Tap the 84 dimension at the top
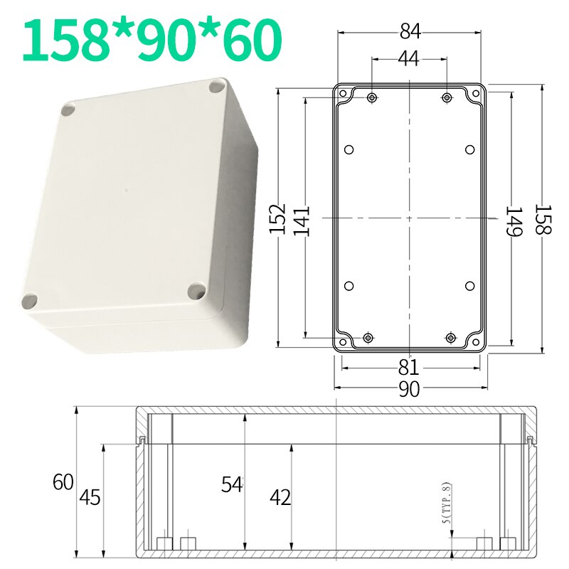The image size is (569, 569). pos(410,31)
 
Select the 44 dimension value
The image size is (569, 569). pos(408,60)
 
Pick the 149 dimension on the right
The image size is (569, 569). pos(514,221)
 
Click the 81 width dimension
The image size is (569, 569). pos(408,368)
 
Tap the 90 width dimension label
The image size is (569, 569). pos(408,389)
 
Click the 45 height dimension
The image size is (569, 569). pos(90,497)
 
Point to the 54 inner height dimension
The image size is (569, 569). pos(232,484)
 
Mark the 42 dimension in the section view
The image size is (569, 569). pos(280,498)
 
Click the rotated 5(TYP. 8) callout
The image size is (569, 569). pos(447,504)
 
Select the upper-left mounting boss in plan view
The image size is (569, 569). pos(372,97)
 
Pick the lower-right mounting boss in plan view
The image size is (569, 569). pos(451,337)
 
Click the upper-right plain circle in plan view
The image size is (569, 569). pos(469,149)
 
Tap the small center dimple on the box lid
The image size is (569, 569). pos(125,191)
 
